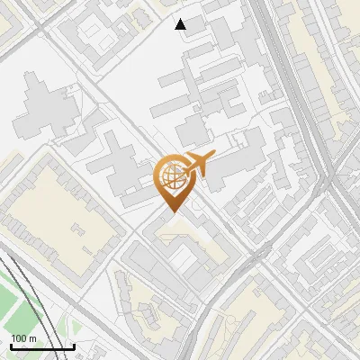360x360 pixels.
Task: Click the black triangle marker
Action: coord(181,24)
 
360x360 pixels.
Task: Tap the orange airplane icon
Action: coord(196,164)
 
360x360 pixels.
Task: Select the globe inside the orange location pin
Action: coord(171,177)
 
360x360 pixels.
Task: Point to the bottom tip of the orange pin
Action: coord(171,213)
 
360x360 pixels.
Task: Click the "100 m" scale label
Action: coord(23,338)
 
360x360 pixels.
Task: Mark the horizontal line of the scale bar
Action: coord(42,347)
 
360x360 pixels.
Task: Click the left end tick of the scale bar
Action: coord(11,346)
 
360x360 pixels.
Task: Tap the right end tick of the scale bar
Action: coord(74,346)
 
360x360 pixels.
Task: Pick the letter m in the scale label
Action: coord(32,338)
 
